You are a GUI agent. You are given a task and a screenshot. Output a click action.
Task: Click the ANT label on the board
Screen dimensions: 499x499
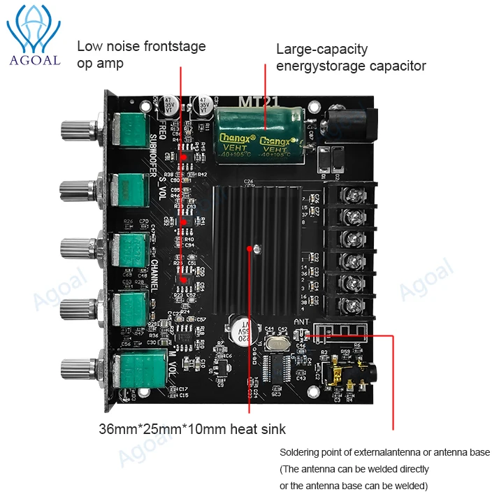[x=301, y=322]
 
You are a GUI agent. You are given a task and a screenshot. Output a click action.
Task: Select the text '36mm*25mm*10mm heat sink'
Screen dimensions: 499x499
[x=192, y=428]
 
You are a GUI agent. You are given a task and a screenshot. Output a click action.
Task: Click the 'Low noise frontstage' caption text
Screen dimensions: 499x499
[x=141, y=47]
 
